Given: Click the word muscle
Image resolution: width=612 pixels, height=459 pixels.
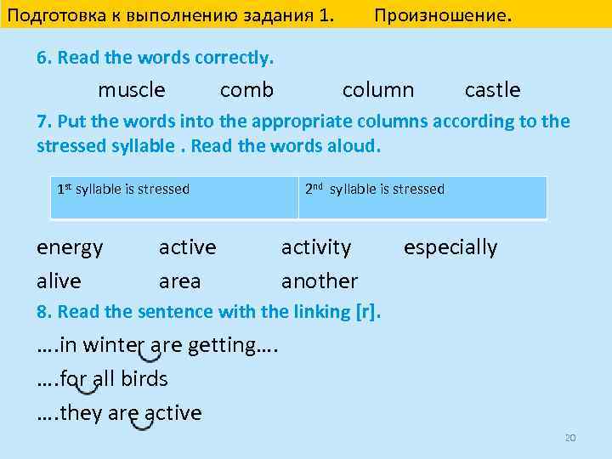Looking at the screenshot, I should pos(132,90).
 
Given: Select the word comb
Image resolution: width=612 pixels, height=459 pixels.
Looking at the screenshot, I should pos(246,90).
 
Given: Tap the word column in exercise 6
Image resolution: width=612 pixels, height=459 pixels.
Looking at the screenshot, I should pos(377,90).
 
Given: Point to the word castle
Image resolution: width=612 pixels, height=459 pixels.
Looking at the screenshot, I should pos(492,90).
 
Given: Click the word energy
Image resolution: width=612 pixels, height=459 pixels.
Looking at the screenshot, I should pos(70,248).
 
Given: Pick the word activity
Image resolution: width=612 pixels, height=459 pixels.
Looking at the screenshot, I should pos(315,247).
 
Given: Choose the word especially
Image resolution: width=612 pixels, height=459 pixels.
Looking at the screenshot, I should pos(450,248).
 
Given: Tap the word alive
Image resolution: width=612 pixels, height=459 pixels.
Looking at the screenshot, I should pos(59,280).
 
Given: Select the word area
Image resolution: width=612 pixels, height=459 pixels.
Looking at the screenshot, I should pos(179,280).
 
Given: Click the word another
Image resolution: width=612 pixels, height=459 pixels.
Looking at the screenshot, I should pos(320,280).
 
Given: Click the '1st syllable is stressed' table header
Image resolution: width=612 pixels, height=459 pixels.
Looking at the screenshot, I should pos(123,189).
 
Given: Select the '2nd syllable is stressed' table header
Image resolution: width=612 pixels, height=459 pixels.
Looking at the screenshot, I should pos(374,189).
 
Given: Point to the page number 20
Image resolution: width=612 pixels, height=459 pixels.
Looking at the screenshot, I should pos(570,438).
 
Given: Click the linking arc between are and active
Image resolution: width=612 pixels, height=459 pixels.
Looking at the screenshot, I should pos(142,423).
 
